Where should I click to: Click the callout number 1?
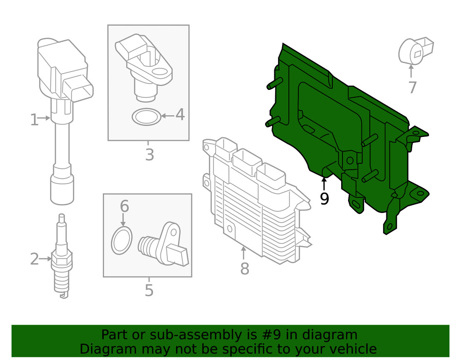click(x=34, y=120)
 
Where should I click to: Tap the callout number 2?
click(x=34, y=259)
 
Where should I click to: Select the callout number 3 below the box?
click(x=149, y=155)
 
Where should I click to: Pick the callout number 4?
click(x=180, y=115)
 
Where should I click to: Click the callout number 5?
click(x=149, y=290)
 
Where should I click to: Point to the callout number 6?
click(x=124, y=206)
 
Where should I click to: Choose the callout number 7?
click(x=412, y=88)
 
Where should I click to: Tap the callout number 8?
click(x=244, y=268)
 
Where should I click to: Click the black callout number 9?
click(x=324, y=199)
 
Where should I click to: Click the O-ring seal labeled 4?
click(x=147, y=117)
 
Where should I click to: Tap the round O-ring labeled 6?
click(x=122, y=240)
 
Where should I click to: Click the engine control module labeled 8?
click(x=254, y=203)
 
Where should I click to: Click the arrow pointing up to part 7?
click(x=411, y=72)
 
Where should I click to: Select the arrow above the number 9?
click(x=324, y=184)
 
